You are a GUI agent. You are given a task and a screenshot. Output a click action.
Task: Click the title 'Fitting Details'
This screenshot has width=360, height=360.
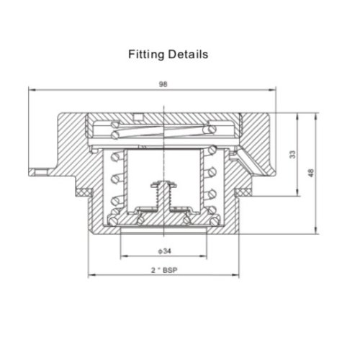click(168, 54)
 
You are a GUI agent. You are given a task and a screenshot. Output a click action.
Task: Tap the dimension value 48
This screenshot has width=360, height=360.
click(311, 173)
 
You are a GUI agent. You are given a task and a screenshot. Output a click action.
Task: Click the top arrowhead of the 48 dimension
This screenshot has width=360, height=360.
click(316, 114)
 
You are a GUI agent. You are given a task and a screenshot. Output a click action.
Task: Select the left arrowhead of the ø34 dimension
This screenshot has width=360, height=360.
click(122, 256)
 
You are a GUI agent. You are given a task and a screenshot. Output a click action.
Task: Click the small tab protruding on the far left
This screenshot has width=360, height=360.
click(36, 171)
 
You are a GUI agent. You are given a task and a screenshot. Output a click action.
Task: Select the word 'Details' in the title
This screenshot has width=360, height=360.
click(189, 54)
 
